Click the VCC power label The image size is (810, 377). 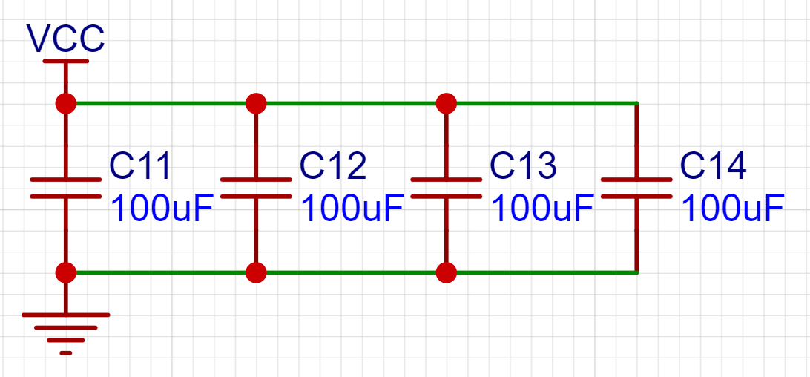[65, 39]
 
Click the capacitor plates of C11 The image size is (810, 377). [66, 188]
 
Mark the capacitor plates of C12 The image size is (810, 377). [256, 188]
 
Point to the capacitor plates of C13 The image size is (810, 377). [446, 188]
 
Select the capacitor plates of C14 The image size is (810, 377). [636, 188]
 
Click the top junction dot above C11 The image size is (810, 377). [66, 103]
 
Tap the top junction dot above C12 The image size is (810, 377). [256, 102]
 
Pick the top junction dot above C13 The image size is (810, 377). [446, 102]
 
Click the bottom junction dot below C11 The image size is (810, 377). [66, 272]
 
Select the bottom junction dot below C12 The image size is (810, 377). [256, 272]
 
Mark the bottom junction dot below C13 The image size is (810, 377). [446, 272]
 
